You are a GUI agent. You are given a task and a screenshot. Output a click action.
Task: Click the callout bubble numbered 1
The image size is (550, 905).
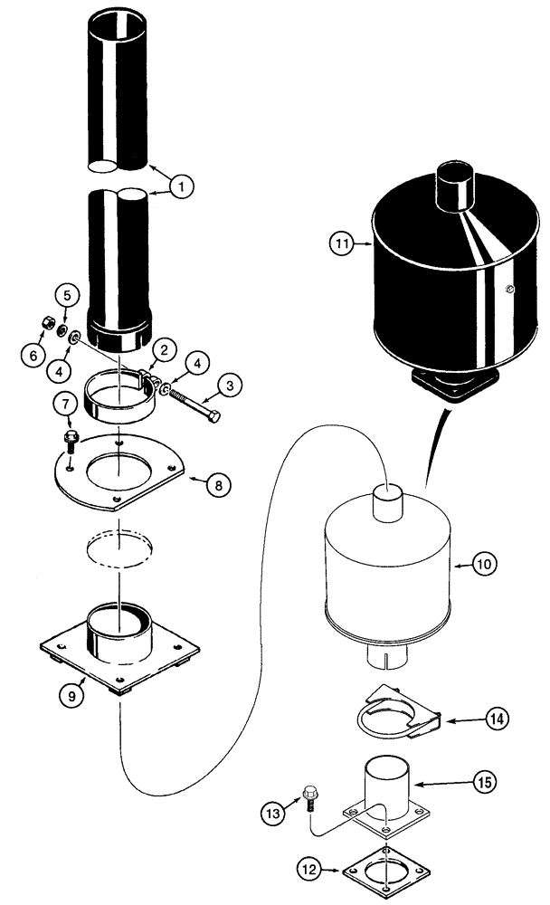point(181,187)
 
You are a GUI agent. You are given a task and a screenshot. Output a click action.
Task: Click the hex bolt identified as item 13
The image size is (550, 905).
point(309,797)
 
